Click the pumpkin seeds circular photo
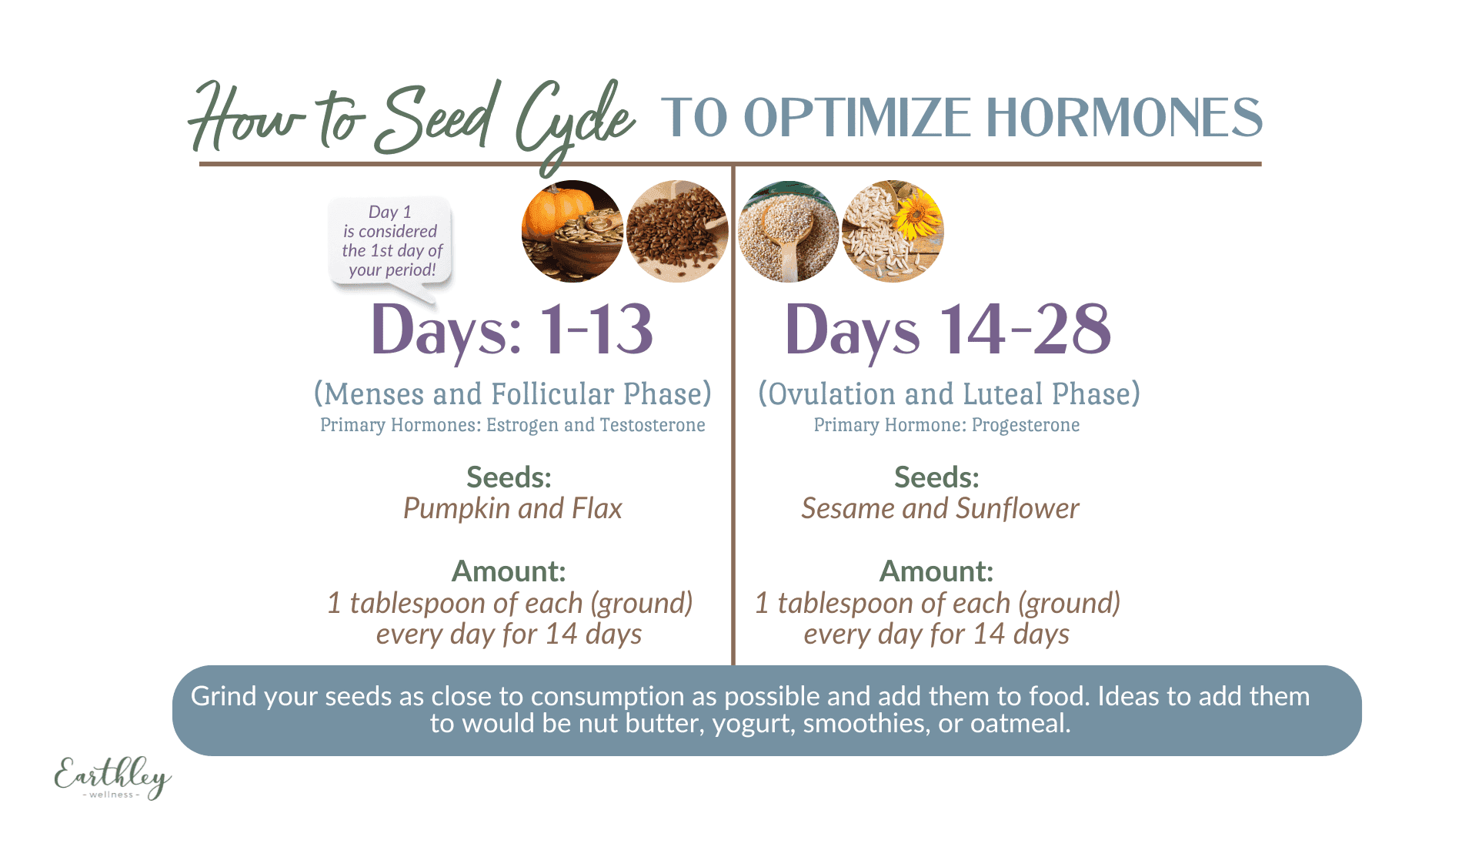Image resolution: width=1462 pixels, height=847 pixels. tap(572, 232)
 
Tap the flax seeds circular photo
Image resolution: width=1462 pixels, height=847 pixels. tap(677, 232)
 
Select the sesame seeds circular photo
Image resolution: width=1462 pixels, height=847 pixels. tap(789, 232)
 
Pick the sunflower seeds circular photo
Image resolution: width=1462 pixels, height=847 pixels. tap(893, 232)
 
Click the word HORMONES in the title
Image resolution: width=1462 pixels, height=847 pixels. tap(1124, 118)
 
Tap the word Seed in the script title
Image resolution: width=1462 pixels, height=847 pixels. tap(434, 119)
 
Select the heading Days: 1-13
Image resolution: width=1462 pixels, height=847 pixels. tap(512, 330)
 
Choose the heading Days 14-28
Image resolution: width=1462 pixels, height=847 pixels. tap(948, 330)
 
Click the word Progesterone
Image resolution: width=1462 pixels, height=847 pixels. tap(1025, 425)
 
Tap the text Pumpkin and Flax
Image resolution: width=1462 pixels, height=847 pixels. tap(512, 508)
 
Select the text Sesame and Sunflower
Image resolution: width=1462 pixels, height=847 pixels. tap(940, 508)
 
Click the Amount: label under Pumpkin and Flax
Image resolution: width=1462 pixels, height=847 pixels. tap(509, 571)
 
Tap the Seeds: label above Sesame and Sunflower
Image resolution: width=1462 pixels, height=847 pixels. tap(936, 477)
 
